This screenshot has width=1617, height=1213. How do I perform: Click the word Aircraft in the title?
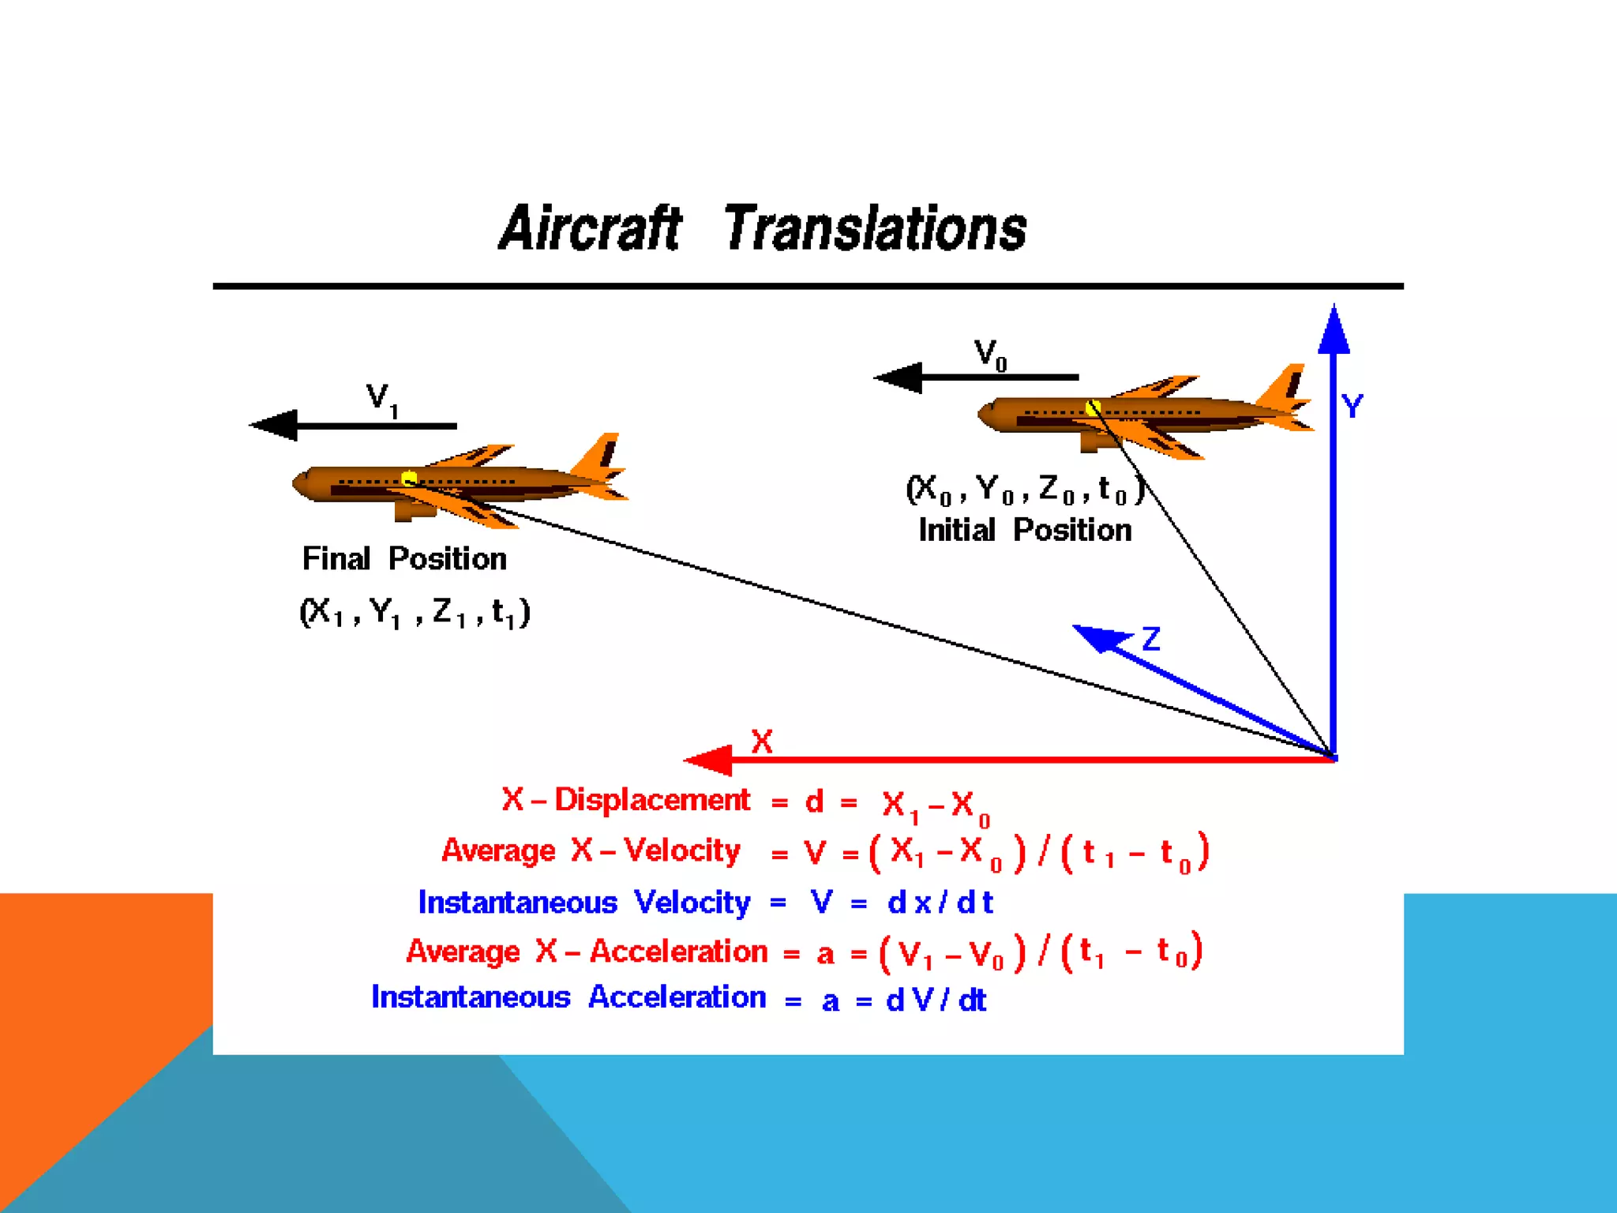point(590,228)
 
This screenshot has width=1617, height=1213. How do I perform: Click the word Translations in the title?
point(875,228)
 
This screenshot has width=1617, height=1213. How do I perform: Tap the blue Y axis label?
point(1353,407)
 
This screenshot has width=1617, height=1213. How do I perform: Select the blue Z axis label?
point(1151,638)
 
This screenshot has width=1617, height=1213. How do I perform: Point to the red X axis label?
point(761,742)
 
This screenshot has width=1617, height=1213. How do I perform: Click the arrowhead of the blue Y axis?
point(1334,330)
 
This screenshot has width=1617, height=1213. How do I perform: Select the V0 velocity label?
point(989,355)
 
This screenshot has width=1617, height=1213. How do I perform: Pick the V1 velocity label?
point(382,400)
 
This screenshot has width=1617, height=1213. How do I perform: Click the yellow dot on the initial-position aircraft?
point(1093,407)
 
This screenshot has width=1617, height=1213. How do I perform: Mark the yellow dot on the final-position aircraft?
point(409,479)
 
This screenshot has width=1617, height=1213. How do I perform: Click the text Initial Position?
point(1025,530)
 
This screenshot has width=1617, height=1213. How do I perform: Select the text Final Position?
point(404,559)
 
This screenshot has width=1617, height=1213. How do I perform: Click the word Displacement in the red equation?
point(652,800)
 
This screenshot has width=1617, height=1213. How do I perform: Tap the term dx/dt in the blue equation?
point(940,903)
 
